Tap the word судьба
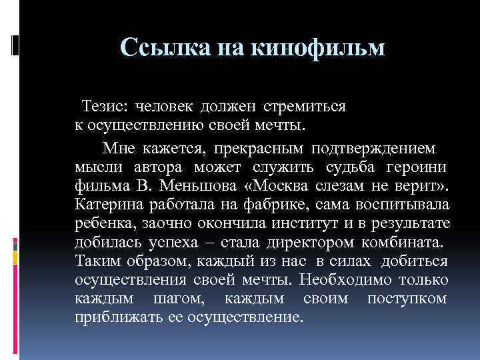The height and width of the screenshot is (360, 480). (352, 165)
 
